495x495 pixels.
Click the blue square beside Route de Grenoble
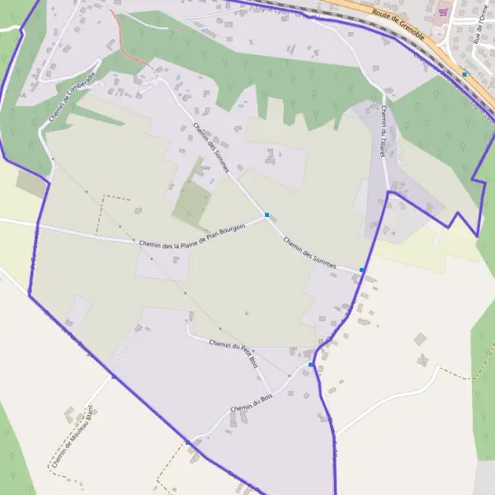point(465,74)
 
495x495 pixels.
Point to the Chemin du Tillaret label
point(384,129)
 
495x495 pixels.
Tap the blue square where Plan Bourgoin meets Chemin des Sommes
point(267,215)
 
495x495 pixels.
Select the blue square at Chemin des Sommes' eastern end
point(362,270)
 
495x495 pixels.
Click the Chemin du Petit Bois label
point(234,352)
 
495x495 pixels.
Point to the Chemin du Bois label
point(252,405)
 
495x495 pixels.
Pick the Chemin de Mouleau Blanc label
point(73,437)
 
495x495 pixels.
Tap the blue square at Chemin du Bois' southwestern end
point(188,443)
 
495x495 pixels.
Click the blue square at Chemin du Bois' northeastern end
point(311,365)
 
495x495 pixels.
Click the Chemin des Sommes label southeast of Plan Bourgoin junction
point(309,251)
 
